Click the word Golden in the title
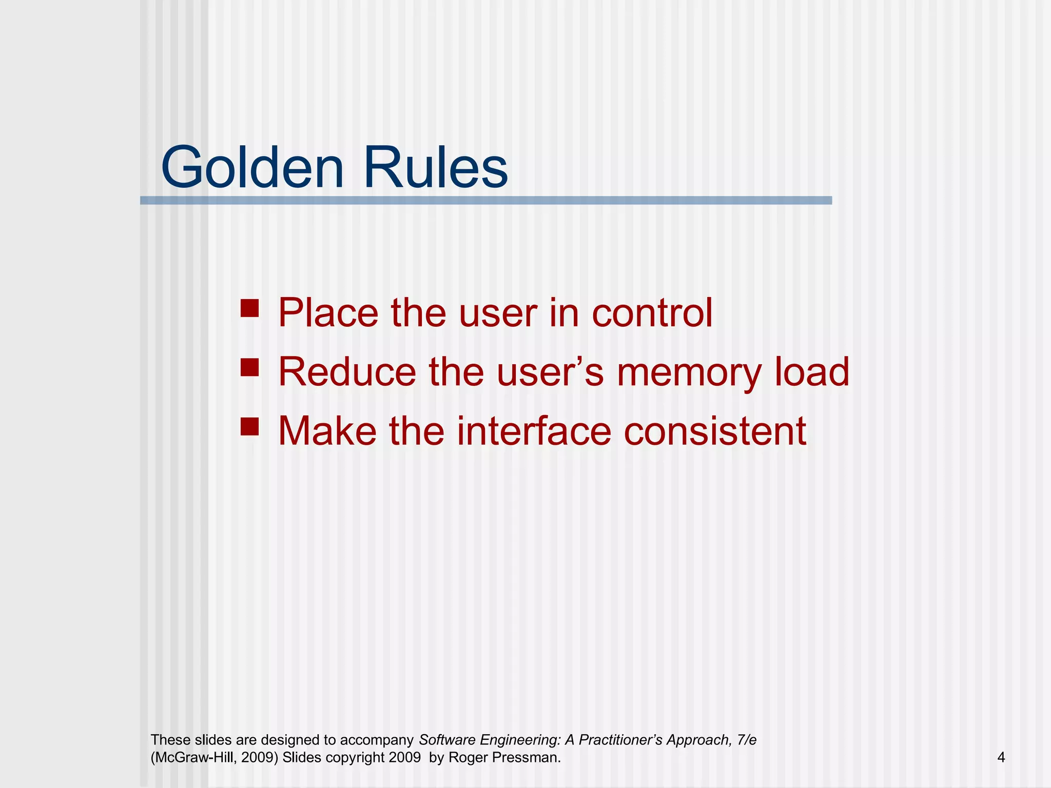252,168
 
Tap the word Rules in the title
436,168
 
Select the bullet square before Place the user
249,309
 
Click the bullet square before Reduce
249,367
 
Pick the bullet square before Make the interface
249,426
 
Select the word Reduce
347,371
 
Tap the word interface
534,430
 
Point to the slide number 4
1001,757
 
